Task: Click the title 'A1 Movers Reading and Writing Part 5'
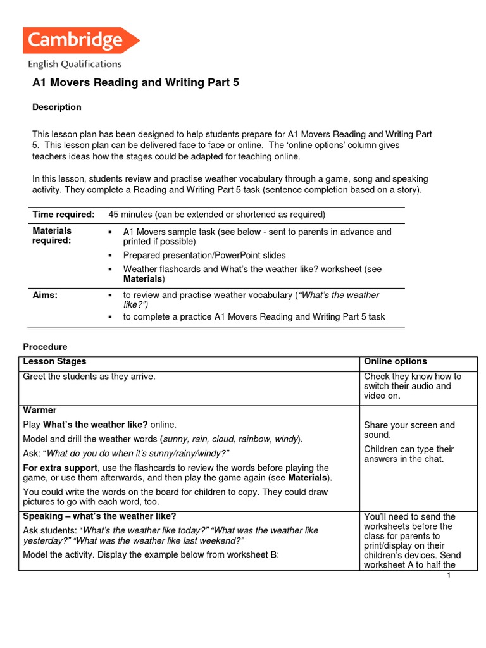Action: (x=135, y=83)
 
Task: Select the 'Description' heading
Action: (x=56, y=107)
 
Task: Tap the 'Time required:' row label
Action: (x=63, y=215)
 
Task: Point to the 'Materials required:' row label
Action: (x=52, y=235)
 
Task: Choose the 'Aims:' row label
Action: (x=45, y=295)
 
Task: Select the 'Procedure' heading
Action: (x=45, y=347)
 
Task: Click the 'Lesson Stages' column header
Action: (x=54, y=361)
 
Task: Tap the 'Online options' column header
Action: (x=395, y=361)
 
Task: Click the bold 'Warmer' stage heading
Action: (x=39, y=410)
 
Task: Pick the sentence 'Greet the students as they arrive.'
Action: (x=89, y=377)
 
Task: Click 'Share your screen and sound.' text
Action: (x=409, y=430)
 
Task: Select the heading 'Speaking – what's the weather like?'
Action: (x=99, y=516)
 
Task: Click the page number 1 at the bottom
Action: (x=448, y=575)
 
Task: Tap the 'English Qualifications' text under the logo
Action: (x=74, y=64)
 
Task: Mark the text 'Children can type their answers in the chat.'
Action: (x=409, y=454)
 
